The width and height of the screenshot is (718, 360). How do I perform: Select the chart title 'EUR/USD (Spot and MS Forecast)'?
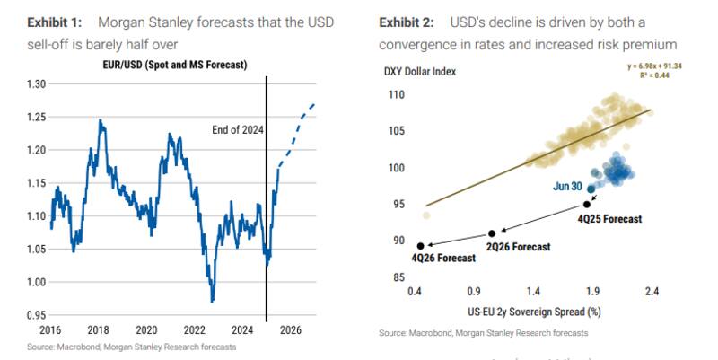point(168,65)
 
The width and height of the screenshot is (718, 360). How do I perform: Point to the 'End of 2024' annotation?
point(237,130)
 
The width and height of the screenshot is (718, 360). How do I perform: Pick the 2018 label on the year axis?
point(98,329)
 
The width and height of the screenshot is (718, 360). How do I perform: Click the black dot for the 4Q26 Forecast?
point(420,245)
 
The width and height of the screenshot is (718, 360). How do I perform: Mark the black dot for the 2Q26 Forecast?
point(491,233)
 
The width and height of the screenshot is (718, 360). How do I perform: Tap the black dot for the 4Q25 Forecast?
point(587,205)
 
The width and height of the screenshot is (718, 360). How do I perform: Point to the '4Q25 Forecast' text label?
point(610,218)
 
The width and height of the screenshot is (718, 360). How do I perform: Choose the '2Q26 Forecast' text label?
point(519,247)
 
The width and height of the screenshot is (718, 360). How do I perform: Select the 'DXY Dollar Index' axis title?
point(419,73)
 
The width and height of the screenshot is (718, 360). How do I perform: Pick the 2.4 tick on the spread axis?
point(651,292)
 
